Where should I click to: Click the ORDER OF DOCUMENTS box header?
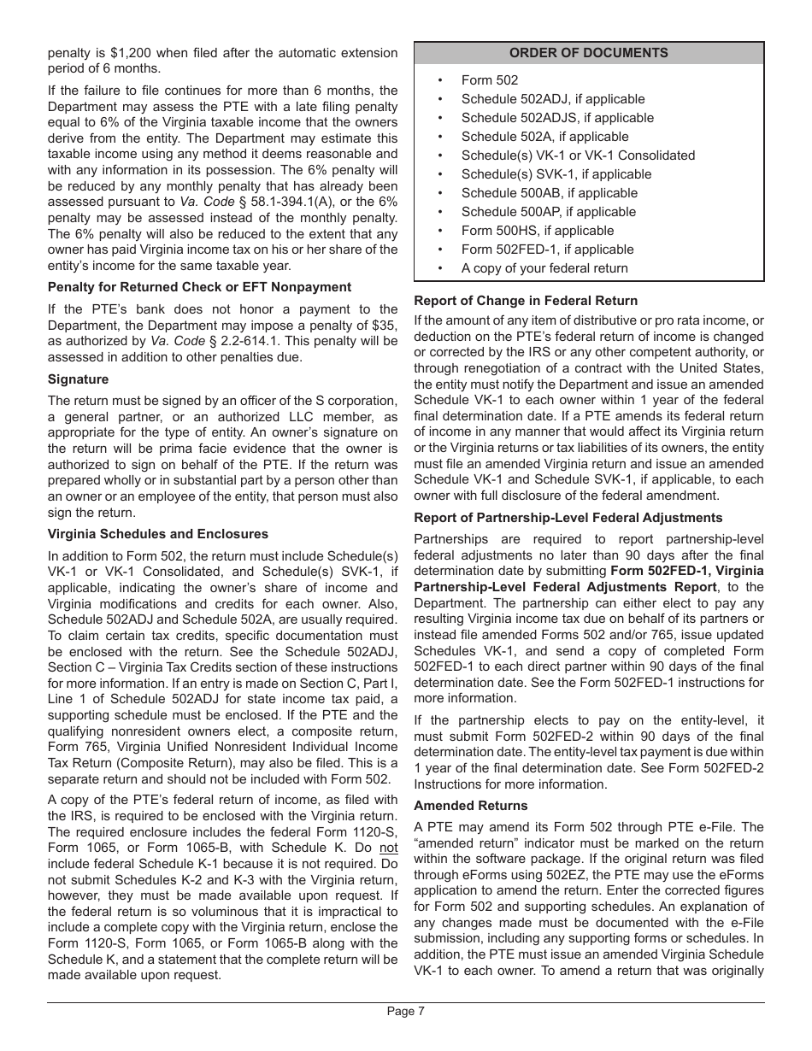(x=589, y=53)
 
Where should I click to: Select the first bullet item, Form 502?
(x=490, y=80)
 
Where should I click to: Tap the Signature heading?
(x=78, y=379)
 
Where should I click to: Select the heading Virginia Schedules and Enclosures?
(x=158, y=534)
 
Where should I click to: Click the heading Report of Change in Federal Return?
(x=526, y=301)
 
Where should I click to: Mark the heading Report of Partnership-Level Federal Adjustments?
(x=568, y=518)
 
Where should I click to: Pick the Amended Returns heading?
(x=470, y=806)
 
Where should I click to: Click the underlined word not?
(x=389, y=848)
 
